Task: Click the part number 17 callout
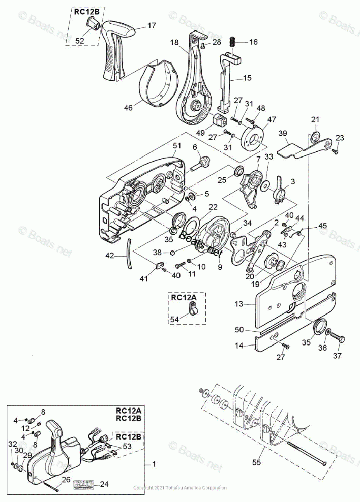152,25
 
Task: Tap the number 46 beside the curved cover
128,107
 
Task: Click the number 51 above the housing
177,145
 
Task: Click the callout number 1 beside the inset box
155,464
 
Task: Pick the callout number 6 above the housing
194,147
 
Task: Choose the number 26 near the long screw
66,479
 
